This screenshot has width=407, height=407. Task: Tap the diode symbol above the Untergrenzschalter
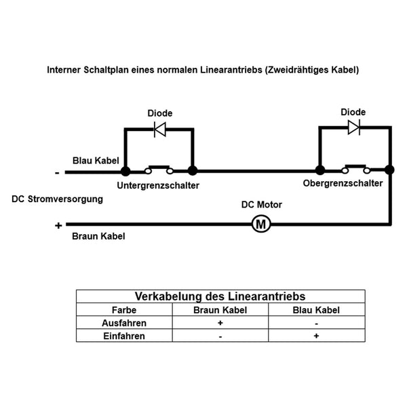(160, 129)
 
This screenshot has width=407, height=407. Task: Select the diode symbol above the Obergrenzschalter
(354, 128)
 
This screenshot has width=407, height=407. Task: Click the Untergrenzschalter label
(158, 185)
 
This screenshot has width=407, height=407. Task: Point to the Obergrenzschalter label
(343, 183)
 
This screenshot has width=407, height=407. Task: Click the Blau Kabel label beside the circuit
(96, 160)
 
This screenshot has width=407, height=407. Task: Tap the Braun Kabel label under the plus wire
(98, 236)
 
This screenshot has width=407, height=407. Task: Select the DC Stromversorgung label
(58, 199)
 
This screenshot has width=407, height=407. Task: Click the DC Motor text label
(262, 205)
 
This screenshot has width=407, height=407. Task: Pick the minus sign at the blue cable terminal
(58, 173)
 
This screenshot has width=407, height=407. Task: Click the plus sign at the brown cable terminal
(58, 226)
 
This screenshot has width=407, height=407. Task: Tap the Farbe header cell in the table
(124, 310)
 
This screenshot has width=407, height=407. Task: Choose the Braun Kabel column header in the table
(220, 310)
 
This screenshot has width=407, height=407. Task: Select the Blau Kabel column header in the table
(316, 310)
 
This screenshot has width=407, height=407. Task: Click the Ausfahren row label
(124, 323)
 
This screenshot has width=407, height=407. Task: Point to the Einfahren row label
(124, 336)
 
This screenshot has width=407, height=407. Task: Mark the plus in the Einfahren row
(316, 336)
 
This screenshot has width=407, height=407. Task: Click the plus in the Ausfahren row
(220, 323)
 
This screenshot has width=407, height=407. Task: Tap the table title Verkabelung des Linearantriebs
(220, 296)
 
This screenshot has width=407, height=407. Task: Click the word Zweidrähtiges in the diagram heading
(297, 70)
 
